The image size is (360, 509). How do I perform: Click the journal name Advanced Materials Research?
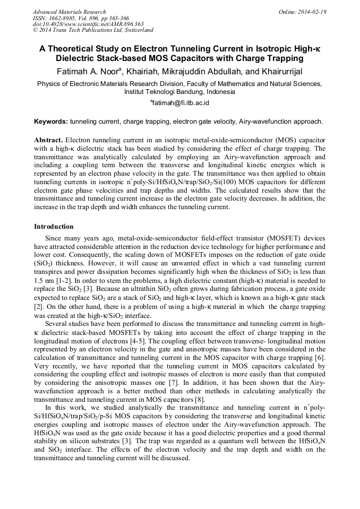(70, 12)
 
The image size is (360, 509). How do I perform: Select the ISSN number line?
(81, 18)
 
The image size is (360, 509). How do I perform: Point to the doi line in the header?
(88, 24)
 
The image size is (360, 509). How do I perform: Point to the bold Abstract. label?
(48, 140)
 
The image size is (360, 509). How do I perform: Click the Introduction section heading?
(54, 227)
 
